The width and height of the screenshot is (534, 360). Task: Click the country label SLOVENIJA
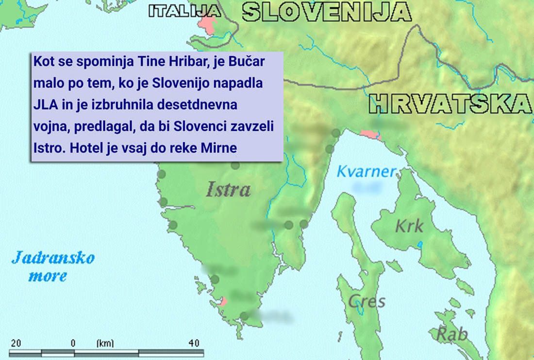[x=327, y=12]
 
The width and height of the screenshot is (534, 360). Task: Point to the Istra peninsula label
[x=228, y=189]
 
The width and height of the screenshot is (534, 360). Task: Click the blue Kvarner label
[x=367, y=171]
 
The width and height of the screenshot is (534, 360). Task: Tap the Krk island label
[x=409, y=226]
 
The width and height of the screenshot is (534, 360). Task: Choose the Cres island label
[x=367, y=301]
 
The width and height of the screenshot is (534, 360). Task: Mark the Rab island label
[x=451, y=334]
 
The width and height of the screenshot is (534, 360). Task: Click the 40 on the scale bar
[x=194, y=343]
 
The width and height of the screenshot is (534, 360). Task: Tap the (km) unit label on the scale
[x=105, y=343]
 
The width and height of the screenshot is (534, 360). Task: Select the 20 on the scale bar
[x=16, y=343]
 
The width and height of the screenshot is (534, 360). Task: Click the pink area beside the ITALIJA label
[x=208, y=22]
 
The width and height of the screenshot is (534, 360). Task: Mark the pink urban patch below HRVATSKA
[x=371, y=134]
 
